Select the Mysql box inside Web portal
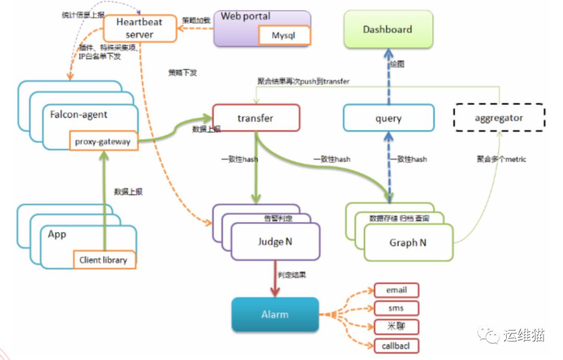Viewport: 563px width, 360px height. (x=284, y=36)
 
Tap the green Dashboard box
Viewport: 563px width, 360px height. (x=388, y=29)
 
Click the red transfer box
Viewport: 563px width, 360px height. (x=256, y=118)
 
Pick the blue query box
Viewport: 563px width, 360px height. (x=388, y=118)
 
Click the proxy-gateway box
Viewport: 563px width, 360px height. (x=104, y=141)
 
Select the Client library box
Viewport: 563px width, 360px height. (x=104, y=259)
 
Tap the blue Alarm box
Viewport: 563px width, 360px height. (x=275, y=314)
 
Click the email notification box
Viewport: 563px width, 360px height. (x=397, y=290)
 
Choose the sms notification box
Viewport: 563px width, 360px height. (x=397, y=308)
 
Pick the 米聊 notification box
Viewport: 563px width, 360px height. (x=397, y=327)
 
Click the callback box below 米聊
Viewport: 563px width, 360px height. (x=397, y=345)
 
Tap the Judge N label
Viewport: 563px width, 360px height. (x=275, y=242)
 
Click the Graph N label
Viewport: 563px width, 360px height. (x=407, y=243)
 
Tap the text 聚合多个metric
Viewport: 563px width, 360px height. (x=501, y=159)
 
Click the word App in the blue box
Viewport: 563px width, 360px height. (x=57, y=234)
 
